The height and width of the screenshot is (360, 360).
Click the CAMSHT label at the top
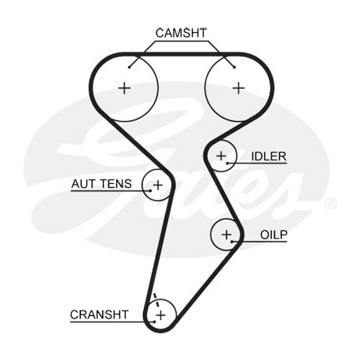pyautogui.click(x=181, y=33)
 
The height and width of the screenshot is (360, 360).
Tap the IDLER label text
pyautogui.click(x=269, y=156)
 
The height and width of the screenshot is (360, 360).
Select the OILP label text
pyautogui.click(x=274, y=235)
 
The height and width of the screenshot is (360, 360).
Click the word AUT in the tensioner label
pyautogui.click(x=83, y=184)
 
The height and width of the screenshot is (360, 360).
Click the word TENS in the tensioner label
pyautogui.click(x=116, y=184)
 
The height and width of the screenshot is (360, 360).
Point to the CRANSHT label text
pyautogui.click(x=99, y=314)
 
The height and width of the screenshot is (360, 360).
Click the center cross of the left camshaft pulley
pyautogui.click(x=124, y=88)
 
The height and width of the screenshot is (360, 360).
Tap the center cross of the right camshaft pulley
pyautogui.click(x=239, y=88)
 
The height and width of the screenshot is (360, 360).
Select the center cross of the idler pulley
pyautogui.click(x=221, y=156)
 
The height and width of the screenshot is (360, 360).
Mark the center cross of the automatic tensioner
pyautogui.click(x=158, y=186)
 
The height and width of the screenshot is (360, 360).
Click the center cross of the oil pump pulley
pyautogui.click(x=226, y=234)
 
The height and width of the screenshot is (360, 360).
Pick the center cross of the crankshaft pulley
pyautogui.click(x=161, y=314)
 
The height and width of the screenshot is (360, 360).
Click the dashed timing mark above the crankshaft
pyautogui.click(x=156, y=301)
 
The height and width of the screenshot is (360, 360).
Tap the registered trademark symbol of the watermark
pyautogui.click(x=331, y=204)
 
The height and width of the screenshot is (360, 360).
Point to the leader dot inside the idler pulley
pyautogui.click(x=227, y=163)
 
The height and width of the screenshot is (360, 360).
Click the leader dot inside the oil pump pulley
pyautogui.click(x=232, y=241)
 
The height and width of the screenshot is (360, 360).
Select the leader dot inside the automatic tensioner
pyautogui.click(x=150, y=191)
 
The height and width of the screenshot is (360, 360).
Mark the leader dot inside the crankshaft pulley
pyautogui.click(x=155, y=321)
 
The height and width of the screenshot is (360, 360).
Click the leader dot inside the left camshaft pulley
pyautogui.click(x=129, y=68)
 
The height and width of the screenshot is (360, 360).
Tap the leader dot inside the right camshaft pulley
pyautogui.click(x=234, y=68)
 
